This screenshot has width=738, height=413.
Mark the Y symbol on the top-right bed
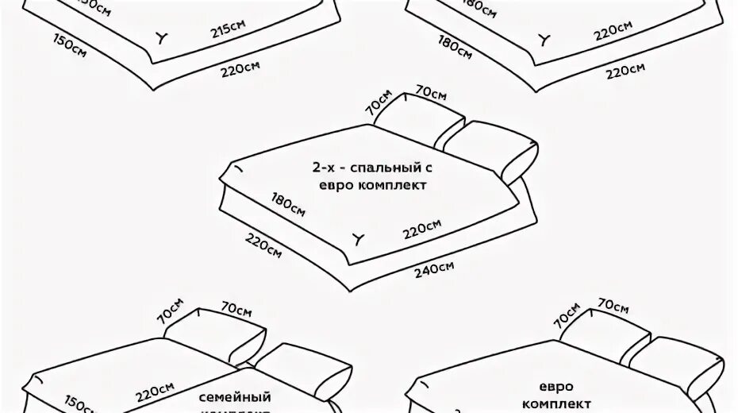point(544,38)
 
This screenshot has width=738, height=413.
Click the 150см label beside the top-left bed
point(70,44)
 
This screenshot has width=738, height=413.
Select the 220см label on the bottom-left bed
point(156,392)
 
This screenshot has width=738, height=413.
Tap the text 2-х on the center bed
point(327,169)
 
